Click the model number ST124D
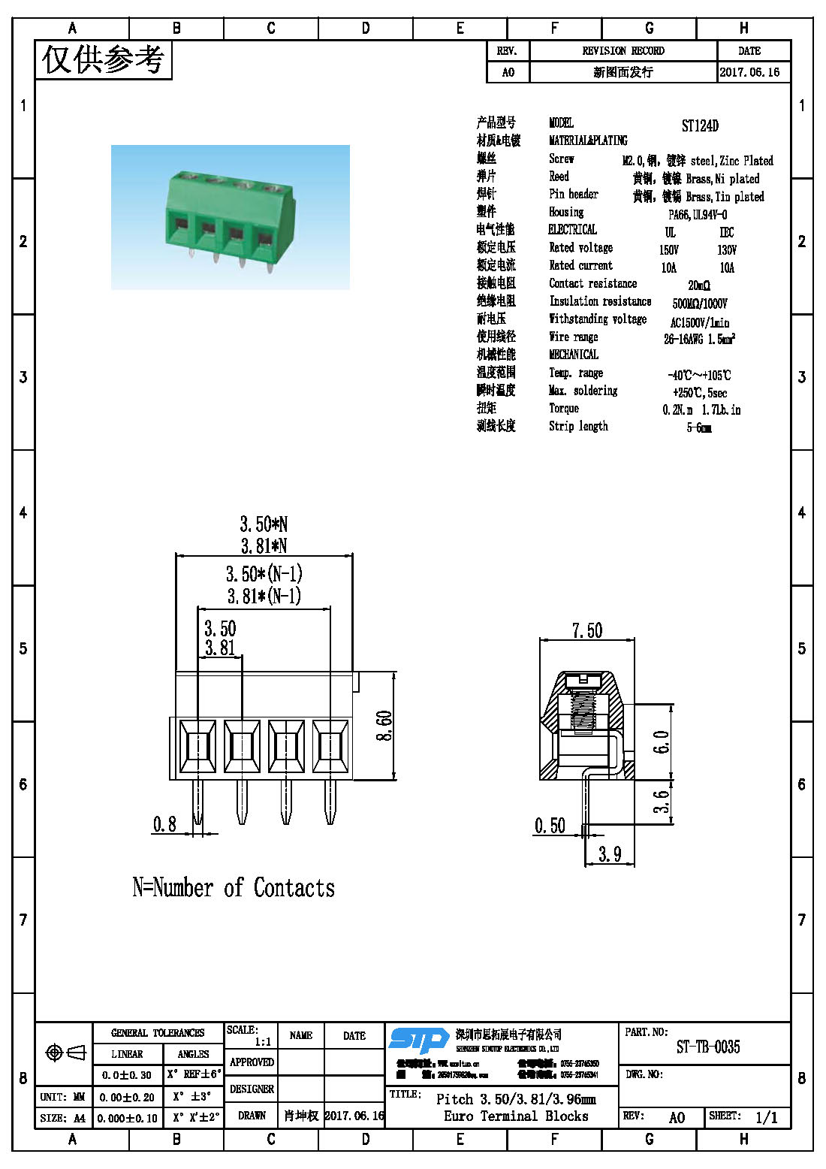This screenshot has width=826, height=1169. coord(699,125)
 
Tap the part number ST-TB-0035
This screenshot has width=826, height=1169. coord(707,1047)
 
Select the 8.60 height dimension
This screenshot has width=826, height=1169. coord(384,726)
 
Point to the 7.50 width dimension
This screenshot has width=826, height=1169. coord(586,630)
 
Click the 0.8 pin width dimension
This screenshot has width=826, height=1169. coord(164,824)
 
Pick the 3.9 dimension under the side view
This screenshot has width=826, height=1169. coord(609,854)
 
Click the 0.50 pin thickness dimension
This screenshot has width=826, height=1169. coord(550,826)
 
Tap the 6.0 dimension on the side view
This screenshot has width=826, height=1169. coord(661,742)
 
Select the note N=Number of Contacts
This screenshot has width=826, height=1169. coord(234,888)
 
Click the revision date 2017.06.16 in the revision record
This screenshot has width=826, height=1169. coord(749,72)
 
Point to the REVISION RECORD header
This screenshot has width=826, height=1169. coord(623,51)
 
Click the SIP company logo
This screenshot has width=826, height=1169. coord(419,1041)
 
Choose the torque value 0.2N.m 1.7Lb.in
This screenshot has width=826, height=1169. coord(701,409)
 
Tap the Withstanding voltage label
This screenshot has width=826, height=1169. coord(598,319)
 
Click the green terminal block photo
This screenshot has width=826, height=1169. coord(230,217)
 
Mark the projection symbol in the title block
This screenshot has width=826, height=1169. coord(65,1053)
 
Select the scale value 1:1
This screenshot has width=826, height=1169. coord(263,1042)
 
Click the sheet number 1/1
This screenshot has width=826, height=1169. coord(766,1117)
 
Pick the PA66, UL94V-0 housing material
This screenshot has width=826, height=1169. coord(698,214)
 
